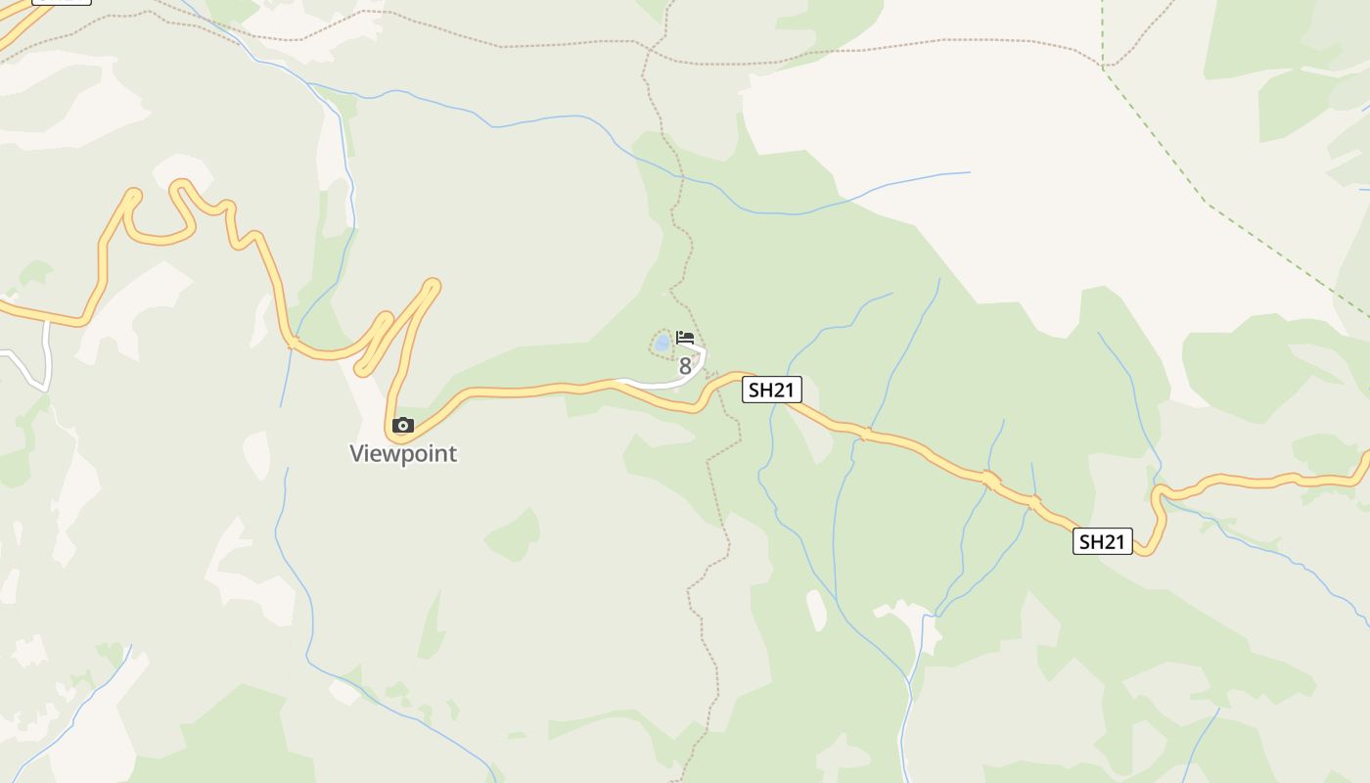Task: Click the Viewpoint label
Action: (x=403, y=454)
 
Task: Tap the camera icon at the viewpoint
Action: (x=403, y=426)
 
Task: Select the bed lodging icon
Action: (x=685, y=338)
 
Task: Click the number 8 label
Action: (x=685, y=367)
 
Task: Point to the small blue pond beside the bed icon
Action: (x=662, y=343)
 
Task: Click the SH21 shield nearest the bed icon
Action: (x=771, y=390)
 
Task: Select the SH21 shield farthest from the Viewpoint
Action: (x=1103, y=541)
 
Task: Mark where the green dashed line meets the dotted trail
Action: (x=1103, y=67)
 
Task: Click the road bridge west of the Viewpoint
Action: (x=292, y=343)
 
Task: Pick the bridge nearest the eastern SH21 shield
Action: (x=1033, y=502)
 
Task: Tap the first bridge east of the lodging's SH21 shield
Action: (x=865, y=434)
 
